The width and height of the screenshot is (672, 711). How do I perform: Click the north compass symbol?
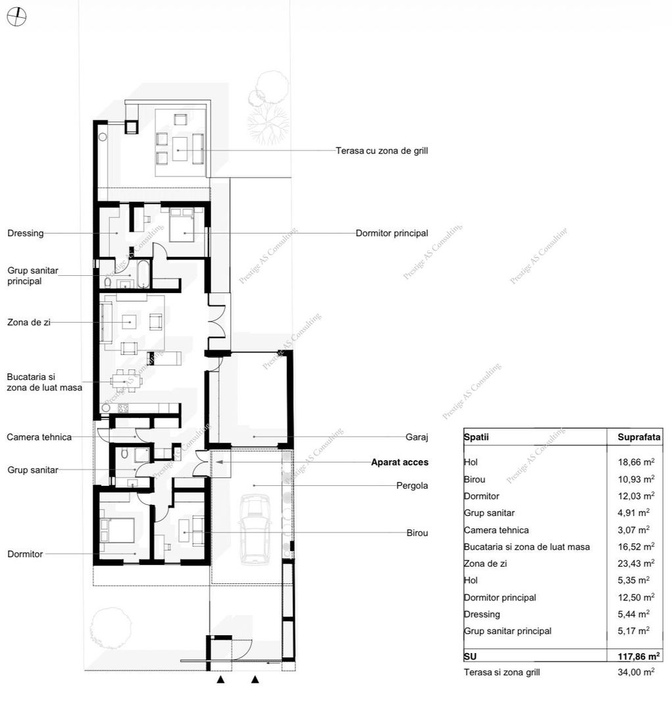[16, 16]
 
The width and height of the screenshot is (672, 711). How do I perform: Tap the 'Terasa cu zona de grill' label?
[381, 151]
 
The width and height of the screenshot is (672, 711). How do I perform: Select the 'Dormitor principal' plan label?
[392, 233]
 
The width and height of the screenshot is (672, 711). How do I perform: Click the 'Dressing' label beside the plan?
[26, 233]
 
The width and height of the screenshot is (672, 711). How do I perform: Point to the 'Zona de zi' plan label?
[28, 323]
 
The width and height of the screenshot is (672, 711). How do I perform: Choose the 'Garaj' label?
[417, 437]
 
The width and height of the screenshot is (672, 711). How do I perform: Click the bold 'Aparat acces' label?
[400, 462]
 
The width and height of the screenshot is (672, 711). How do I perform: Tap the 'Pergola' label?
[412, 486]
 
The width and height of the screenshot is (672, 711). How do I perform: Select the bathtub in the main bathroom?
[143, 274]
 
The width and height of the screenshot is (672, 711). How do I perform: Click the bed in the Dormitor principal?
[182, 224]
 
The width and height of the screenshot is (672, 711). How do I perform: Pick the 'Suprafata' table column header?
[639, 437]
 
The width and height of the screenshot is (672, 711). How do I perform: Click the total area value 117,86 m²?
[638, 656]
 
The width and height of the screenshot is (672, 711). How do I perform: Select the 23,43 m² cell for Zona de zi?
[636, 563]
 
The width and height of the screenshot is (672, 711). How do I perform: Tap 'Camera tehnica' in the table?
[496, 530]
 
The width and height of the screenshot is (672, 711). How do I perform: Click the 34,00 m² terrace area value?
[636, 672]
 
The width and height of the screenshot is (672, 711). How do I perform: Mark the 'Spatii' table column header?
[476, 437]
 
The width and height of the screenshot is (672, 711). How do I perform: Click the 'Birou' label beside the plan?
[417, 533]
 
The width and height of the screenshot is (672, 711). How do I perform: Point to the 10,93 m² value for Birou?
[636, 479]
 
